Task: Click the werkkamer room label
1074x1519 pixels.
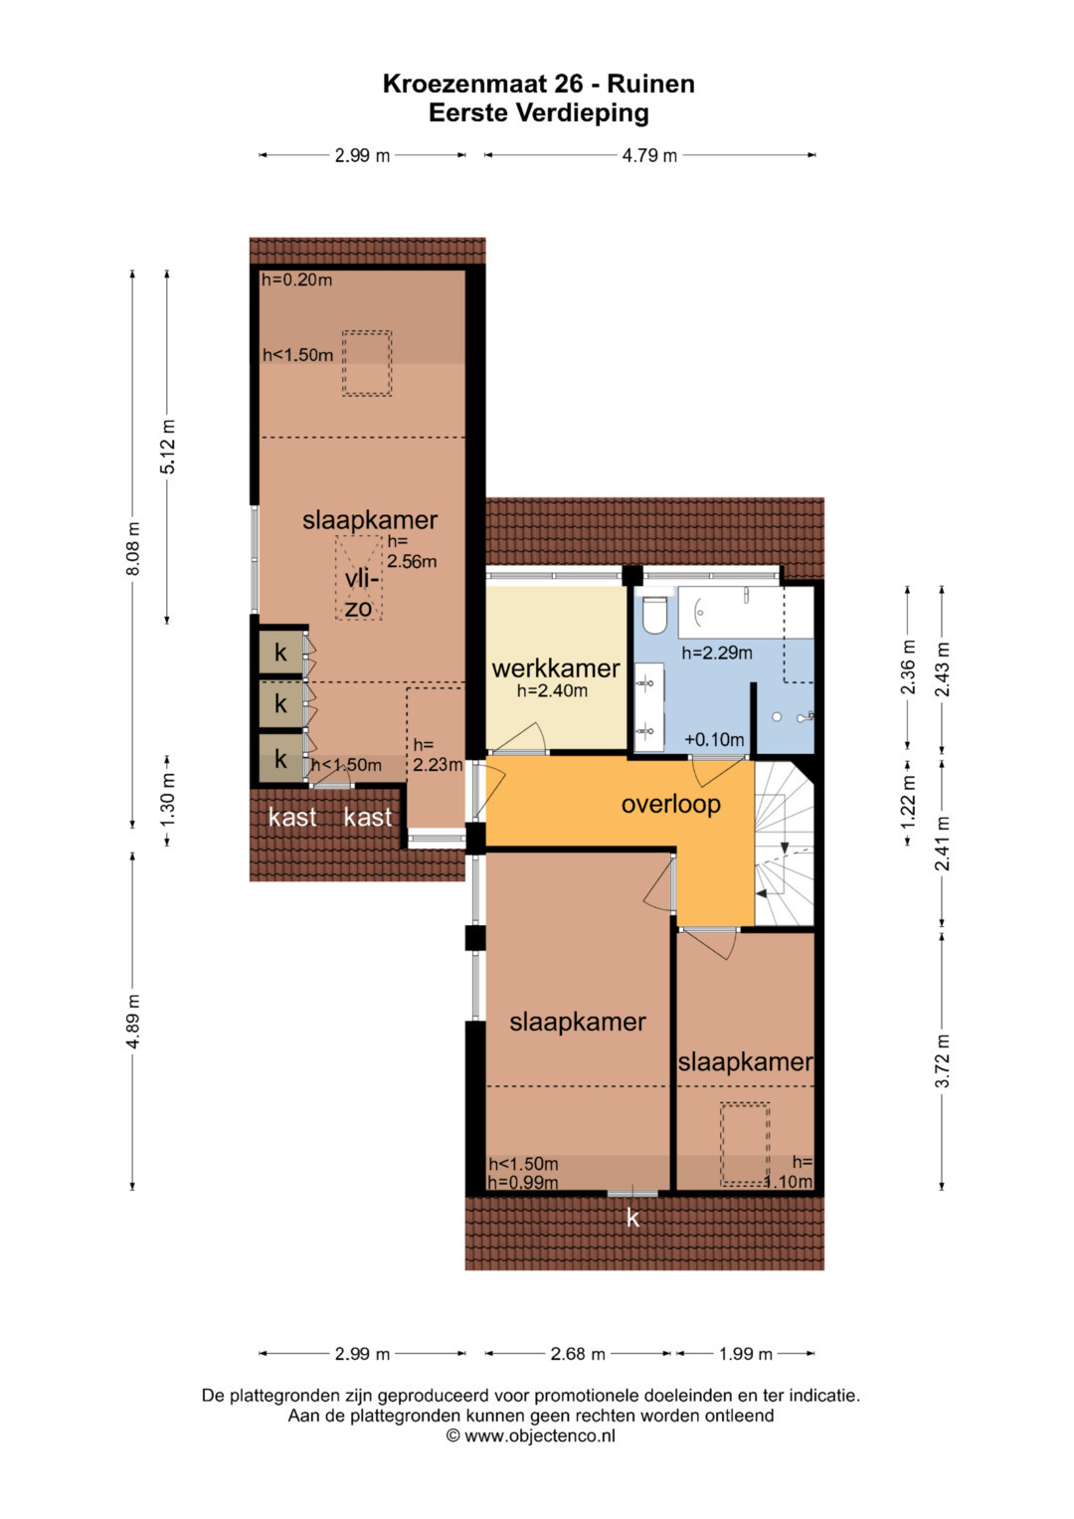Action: [555, 668]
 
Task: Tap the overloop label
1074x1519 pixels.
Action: [670, 805]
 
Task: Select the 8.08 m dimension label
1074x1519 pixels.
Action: [133, 548]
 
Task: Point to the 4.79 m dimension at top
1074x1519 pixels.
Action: [649, 155]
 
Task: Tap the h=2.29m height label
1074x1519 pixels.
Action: [717, 653]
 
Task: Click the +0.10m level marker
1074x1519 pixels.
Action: [714, 740]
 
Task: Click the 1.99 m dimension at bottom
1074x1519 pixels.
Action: [745, 1354]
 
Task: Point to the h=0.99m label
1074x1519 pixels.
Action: [523, 1183]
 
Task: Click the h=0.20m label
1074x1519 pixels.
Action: [297, 281]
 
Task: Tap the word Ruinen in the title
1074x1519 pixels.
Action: [650, 85]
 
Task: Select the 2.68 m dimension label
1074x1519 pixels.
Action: [578, 1354]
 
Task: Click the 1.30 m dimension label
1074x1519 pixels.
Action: [167, 800]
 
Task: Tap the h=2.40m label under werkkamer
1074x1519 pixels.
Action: [552, 691]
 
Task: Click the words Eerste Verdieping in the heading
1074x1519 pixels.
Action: [538, 112]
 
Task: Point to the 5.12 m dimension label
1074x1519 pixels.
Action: [167, 447]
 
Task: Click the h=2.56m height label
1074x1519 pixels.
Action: [412, 551]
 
